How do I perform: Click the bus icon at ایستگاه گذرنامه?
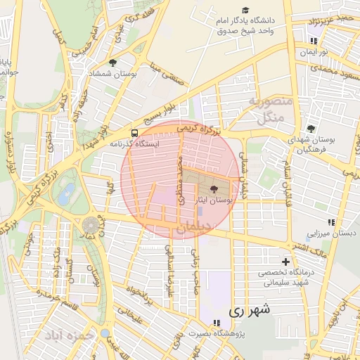(134, 132)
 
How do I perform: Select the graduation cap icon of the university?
(245, 10)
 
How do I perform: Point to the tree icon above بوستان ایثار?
(214, 188)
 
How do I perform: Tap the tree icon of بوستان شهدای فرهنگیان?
(311, 129)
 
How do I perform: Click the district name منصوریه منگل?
(266, 110)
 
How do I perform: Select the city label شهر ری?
(250, 309)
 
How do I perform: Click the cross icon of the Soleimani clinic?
(285, 262)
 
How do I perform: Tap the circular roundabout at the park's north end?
(91, 224)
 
